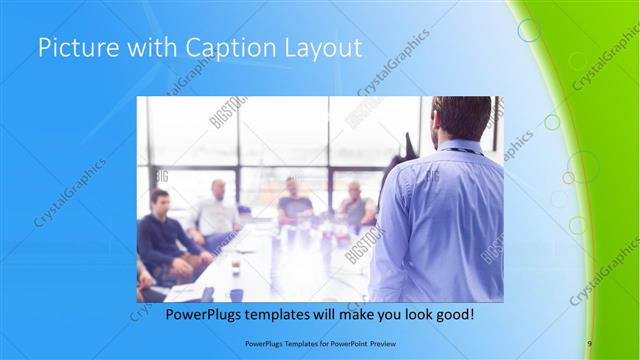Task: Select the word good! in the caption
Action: click(x=452, y=314)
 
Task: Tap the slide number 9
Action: click(x=590, y=344)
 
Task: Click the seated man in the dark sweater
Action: click(x=160, y=235)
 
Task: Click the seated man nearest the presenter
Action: click(x=354, y=205)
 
